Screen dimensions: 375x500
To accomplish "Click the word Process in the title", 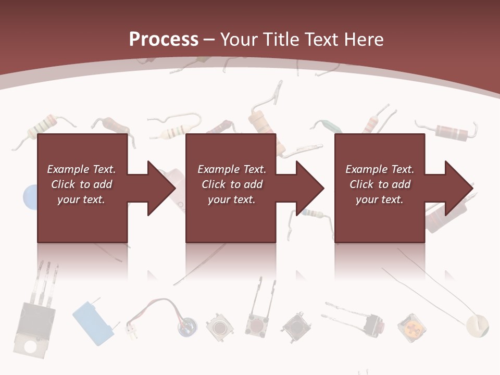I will tap(164, 39).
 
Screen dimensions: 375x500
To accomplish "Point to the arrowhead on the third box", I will tap(457, 188).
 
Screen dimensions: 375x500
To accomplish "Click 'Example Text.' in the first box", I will tap(81, 169).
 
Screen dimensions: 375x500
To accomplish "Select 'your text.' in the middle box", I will tap(231, 199).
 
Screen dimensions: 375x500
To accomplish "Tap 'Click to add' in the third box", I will tap(380, 184).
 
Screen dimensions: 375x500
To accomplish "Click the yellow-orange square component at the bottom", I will tap(411, 328).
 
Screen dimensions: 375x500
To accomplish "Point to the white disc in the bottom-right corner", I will tap(478, 326).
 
